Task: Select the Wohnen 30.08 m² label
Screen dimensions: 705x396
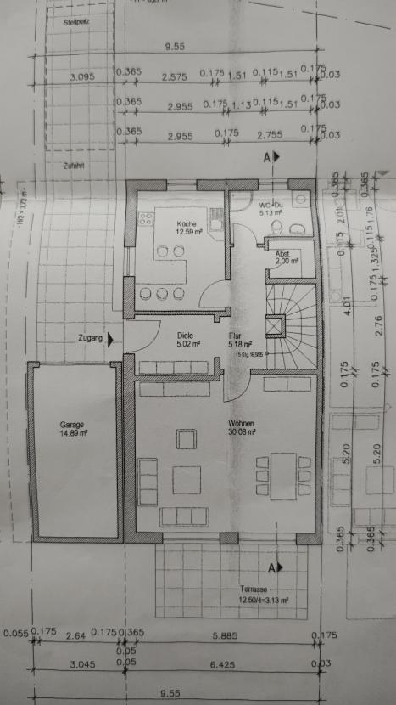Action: tap(242, 427)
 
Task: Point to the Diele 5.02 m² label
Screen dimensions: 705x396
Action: tap(187, 340)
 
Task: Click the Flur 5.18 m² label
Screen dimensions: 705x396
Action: tap(237, 340)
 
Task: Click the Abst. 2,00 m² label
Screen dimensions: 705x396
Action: tap(282, 257)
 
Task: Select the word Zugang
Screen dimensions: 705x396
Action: tap(90, 338)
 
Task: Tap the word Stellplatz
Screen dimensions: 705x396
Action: tap(76, 22)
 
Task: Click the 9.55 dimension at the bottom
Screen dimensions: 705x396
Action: tap(176, 692)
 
